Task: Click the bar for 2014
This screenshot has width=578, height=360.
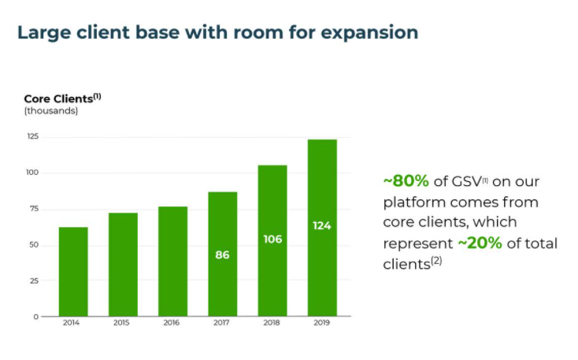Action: pos(73,271)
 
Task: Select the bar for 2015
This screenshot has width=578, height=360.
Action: pos(123,264)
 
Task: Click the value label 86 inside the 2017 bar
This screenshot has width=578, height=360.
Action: pos(222,254)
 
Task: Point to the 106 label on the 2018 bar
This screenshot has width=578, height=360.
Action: pos(272,239)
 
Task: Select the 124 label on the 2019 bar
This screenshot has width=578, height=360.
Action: pos(322,226)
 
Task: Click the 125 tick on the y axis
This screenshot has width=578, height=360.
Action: pos(32,137)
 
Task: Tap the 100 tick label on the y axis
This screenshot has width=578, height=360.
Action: pos(32,173)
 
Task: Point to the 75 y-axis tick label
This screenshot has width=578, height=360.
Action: pos(34,209)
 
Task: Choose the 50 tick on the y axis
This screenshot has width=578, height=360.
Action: pos(34,244)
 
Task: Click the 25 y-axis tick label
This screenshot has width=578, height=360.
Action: pos(34,280)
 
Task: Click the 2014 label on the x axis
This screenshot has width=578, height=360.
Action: pos(73,324)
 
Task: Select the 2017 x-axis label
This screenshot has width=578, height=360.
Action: pos(222,324)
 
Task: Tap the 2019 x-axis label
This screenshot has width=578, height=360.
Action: pos(322,324)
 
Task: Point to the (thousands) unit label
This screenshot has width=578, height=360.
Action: pos(51,111)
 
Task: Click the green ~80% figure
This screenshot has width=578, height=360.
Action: pos(406,181)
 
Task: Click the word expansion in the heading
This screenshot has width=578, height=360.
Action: pos(370,33)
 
